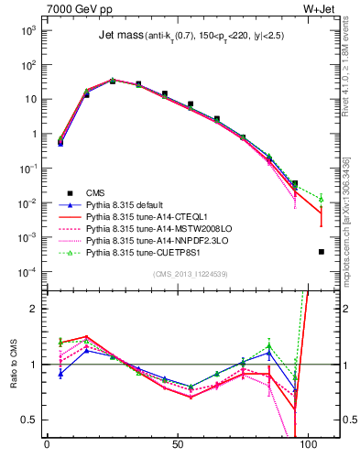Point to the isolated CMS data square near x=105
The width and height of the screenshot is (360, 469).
(x=321, y=251)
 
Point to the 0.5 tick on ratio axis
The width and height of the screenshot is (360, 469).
(x=27, y=420)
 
